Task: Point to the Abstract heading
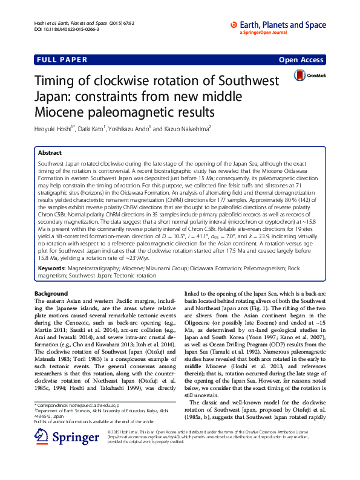[51, 154]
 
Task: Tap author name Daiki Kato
[93, 128]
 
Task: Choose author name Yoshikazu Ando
[131, 128]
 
